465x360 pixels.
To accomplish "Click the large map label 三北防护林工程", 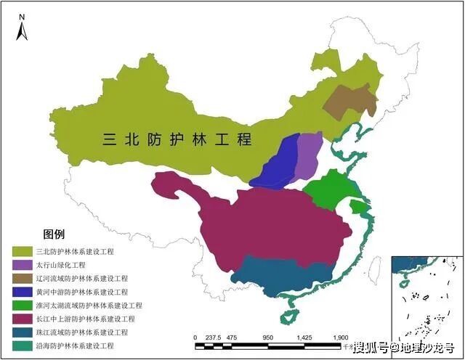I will point(177,139).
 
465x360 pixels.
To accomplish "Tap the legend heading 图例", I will point(54,234).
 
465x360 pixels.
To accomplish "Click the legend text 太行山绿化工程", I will point(60,265).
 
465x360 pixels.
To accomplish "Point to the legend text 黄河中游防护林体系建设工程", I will point(80,292).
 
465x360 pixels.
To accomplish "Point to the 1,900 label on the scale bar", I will point(340,337).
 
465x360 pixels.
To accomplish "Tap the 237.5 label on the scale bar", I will point(213,337).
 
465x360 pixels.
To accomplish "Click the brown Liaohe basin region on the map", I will point(349,102).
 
